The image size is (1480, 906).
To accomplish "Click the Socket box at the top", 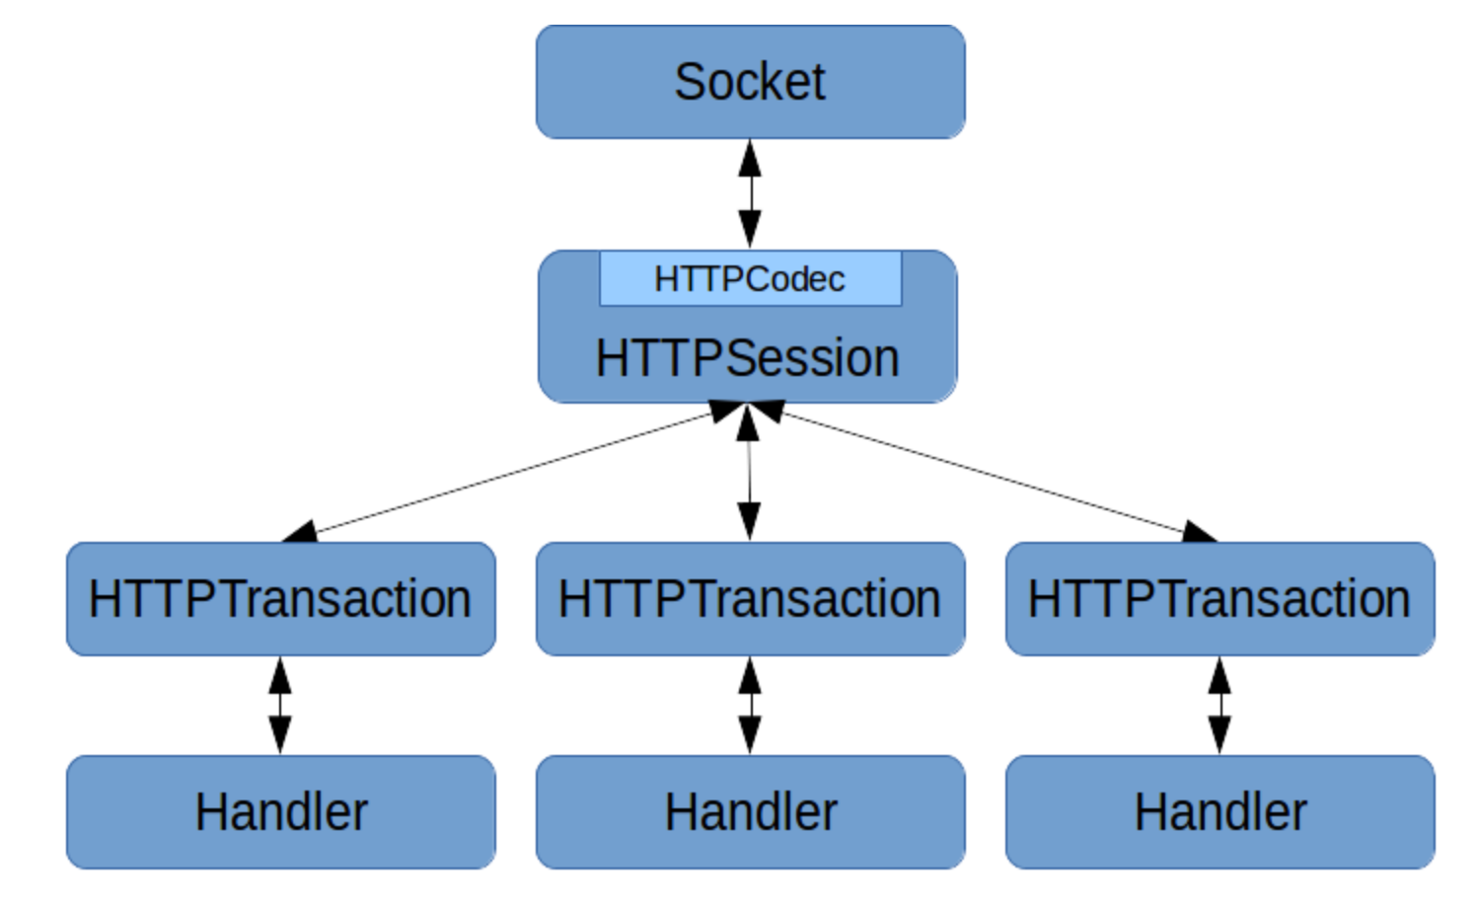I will pyautogui.click(x=750, y=82).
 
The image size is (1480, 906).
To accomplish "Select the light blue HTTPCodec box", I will pyautogui.click(x=750, y=279).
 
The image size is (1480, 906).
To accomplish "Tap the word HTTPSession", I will pyautogui.click(x=747, y=357).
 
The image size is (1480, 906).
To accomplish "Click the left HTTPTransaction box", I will pyautogui.click(x=280, y=599).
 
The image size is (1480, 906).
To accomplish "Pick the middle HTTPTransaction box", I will pyautogui.click(x=750, y=599).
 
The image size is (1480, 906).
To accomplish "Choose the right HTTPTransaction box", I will pyautogui.click(x=1220, y=599).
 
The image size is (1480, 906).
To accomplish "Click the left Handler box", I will pyautogui.click(x=280, y=812).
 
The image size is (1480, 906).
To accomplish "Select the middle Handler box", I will pyautogui.click(x=750, y=812).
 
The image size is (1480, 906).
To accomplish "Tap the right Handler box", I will pyautogui.click(x=1220, y=812).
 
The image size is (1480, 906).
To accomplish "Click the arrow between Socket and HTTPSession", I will pyautogui.click(x=750, y=193).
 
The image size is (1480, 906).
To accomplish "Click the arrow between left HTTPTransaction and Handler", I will pyautogui.click(x=280, y=705).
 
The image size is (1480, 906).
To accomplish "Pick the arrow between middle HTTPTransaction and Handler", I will pyautogui.click(x=750, y=705).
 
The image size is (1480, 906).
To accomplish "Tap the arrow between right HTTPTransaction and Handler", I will pyautogui.click(x=1220, y=705).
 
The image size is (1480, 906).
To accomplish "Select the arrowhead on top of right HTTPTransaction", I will pyautogui.click(x=1199, y=533).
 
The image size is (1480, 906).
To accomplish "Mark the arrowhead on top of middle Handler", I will pyautogui.click(x=750, y=736).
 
